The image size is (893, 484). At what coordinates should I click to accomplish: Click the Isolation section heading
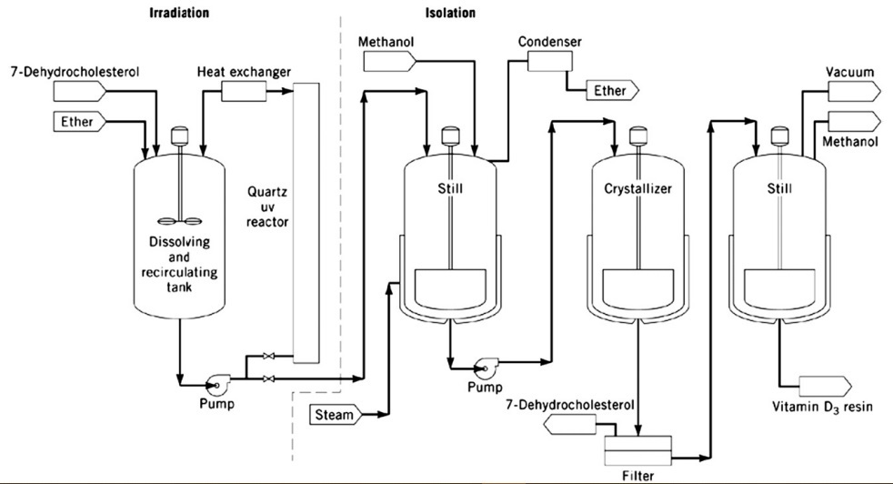[450, 14]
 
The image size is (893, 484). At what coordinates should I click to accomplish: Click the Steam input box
[336, 415]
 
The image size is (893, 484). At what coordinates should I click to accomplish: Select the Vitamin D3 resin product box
[824, 385]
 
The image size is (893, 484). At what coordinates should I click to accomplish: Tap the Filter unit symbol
[637, 447]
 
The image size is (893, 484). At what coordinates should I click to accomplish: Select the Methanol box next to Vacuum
[851, 120]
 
